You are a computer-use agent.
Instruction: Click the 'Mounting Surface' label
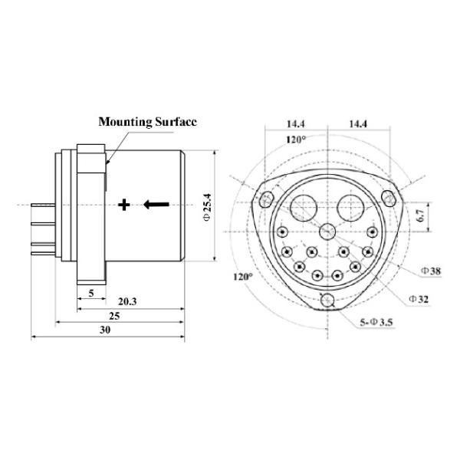coord(147,121)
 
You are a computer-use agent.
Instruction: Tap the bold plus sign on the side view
coord(125,204)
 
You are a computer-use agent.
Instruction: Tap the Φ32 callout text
coord(419,297)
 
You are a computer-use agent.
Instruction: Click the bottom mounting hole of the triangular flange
coord(328,300)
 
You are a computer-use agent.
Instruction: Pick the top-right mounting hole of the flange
coord(390,198)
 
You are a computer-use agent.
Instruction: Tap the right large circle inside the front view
coord(353,207)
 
